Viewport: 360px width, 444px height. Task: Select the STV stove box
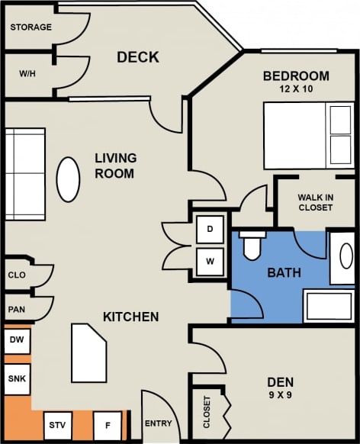[x=57, y=425]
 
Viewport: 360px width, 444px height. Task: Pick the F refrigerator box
[x=107, y=425]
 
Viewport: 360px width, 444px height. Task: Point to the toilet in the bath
[x=252, y=244]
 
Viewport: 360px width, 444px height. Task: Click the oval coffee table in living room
[x=69, y=179]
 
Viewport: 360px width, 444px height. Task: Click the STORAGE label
[x=31, y=27]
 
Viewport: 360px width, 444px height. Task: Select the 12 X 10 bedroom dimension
[x=296, y=89]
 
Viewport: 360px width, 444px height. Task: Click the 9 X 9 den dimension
[x=281, y=396]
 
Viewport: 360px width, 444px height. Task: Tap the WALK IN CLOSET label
[x=314, y=202]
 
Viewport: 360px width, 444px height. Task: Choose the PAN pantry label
[x=17, y=310]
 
